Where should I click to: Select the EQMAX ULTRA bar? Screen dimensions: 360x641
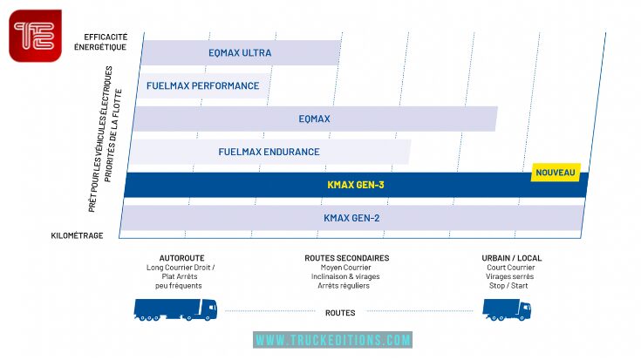(240, 52)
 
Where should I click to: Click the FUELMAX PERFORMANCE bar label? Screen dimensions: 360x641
(203, 85)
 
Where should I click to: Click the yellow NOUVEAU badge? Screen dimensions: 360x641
(556, 173)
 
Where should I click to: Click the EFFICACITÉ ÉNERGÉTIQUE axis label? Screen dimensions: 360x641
(106, 41)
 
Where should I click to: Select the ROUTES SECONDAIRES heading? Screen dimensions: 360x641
(346, 258)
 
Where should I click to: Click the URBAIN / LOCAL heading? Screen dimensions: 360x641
(511, 258)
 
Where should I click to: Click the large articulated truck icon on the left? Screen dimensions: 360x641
(175, 309)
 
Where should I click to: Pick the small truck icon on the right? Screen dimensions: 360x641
(507, 309)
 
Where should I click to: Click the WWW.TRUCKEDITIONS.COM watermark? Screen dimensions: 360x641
(332, 340)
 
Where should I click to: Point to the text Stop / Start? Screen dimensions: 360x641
(512, 285)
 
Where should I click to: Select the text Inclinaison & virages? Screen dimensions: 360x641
(347, 276)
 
